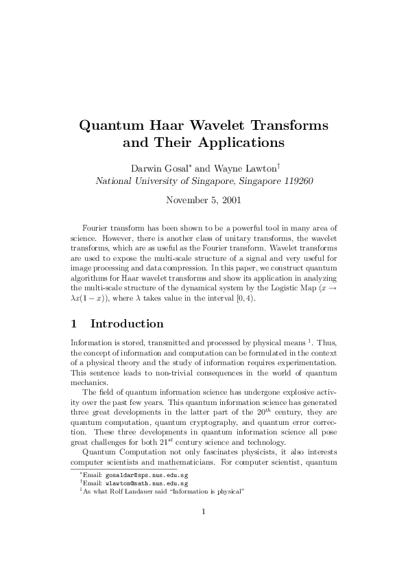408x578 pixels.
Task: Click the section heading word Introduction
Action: [127, 323]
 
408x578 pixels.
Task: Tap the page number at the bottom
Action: [204, 530]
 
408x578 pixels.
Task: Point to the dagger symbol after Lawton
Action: [278, 165]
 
